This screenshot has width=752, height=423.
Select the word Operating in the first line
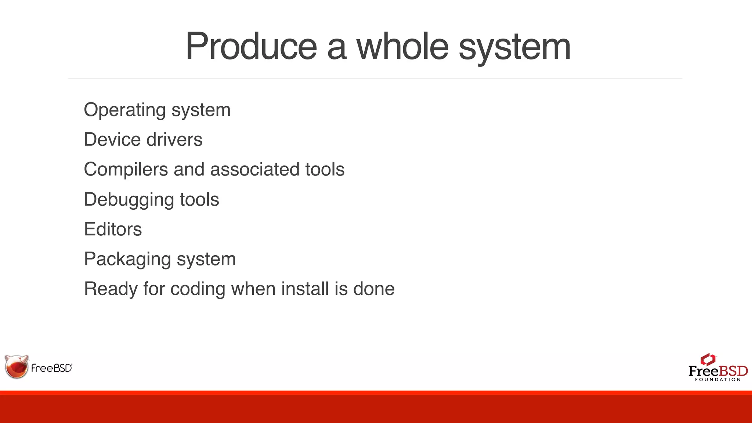pos(124,110)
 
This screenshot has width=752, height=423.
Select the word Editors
pos(113,229)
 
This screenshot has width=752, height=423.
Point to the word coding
pos(198,289)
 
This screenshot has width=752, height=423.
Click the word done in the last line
pos(374,289)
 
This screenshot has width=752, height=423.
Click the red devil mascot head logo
pos(17,366)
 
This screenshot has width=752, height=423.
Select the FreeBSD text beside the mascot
pos(52,368)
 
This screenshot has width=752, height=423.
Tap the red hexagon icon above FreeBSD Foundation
pos(708,359)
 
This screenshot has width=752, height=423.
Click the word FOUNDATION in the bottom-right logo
pos(718,380)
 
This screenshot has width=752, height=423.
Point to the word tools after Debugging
pos(199,200)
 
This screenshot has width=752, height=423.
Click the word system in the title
pos(515,47)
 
